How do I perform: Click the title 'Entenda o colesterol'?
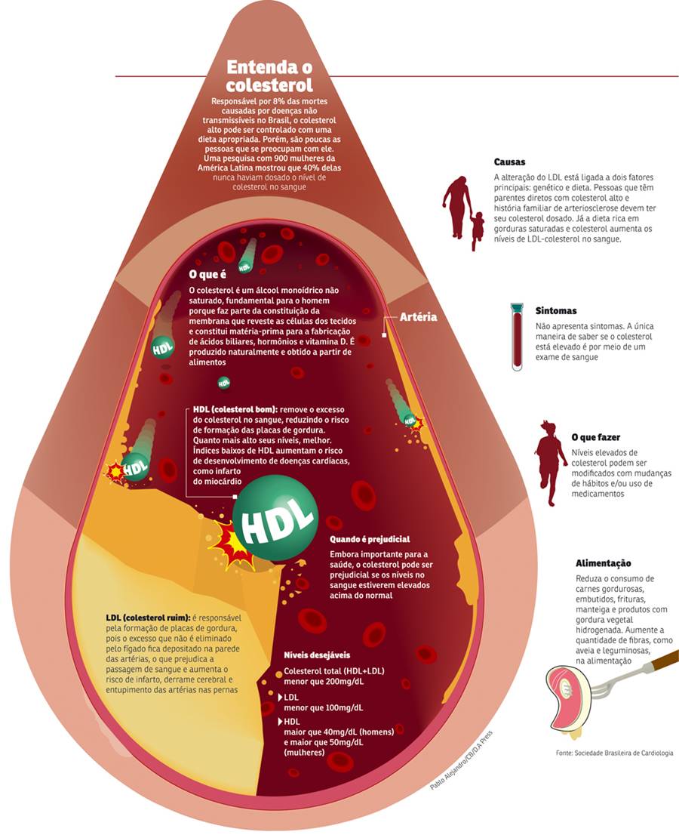269,75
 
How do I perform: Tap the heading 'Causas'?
509,162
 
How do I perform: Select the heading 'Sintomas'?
556,310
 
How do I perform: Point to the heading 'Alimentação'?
604,563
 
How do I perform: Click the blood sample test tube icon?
517,337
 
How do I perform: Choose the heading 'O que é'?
207,274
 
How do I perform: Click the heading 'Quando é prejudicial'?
370,539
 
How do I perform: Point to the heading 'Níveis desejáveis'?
318,655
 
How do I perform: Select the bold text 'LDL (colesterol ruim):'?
148,618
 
